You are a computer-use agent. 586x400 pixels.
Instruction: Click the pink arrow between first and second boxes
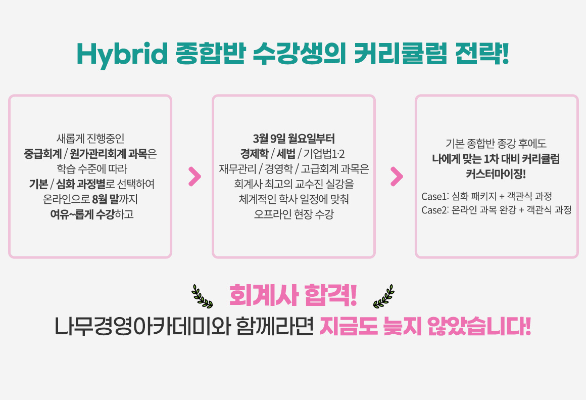[194, 176]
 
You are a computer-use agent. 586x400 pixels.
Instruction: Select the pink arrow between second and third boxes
[397, 176]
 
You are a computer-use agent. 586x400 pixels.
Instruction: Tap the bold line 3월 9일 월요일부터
[294, 138]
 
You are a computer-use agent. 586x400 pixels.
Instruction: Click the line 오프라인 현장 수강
[294, 214]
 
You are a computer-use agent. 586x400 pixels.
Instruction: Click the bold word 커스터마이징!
[496, 174]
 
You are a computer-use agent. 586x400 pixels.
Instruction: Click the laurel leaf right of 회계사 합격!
[383, 296]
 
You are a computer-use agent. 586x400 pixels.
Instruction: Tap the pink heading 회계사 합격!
[293, 296]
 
